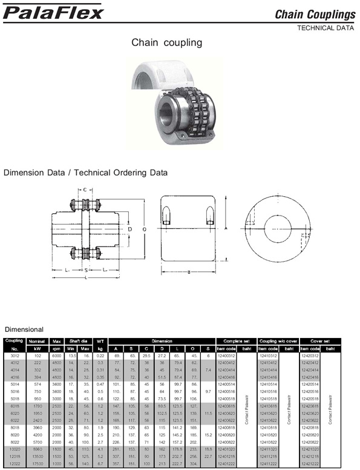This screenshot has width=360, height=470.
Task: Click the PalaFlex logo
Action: pyautogui.click(x=53, y=12)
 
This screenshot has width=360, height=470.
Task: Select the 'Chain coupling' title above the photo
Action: pyautogui.click(x=166, y=43)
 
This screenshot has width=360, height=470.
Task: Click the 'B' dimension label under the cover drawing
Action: pyautogui.click(x=189, y=272)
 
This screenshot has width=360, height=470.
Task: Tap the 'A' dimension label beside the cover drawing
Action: pyautogui.click(x=225, y=229)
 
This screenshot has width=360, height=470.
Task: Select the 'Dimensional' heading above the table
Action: pyautogui.click(x=24, y=329)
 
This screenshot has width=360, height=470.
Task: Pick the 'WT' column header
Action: pyautogui.click(x=100, y=340)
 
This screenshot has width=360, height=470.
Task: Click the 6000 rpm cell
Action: pyautogui.click(x=57, y=356)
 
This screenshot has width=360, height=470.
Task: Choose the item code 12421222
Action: pyautogui.click(x=309, y=463)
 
